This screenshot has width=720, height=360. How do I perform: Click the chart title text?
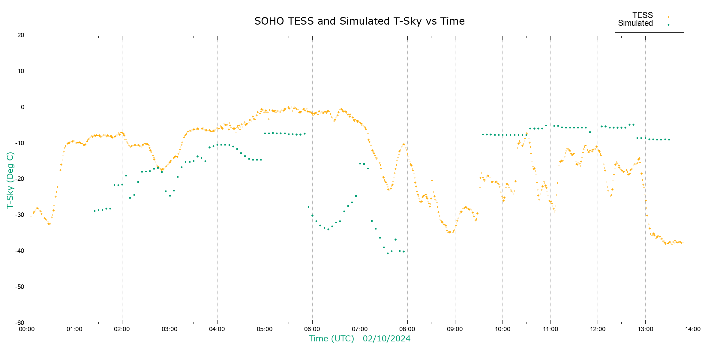click(359, 21)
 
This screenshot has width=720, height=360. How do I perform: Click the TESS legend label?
click(643, 15)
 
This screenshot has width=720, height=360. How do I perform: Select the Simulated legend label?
click(635, 23)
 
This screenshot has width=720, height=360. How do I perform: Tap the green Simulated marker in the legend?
click(668, 25)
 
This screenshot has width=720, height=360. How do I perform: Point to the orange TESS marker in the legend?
click(668, 17)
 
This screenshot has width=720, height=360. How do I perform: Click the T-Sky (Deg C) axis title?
click(10, 180)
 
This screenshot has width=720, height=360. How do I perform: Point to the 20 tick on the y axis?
click(21, 35)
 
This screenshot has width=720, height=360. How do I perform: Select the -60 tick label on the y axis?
click(20, 323)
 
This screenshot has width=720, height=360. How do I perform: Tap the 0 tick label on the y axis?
click(22, 107)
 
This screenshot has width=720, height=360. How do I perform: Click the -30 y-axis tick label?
click(20, 215)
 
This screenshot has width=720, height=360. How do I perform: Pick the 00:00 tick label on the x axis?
click(27, 329)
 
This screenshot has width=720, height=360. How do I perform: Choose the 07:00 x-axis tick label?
click(360, 329)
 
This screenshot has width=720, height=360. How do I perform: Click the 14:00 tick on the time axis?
click(692, 329)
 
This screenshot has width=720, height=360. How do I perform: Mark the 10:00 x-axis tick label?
click(502, 329)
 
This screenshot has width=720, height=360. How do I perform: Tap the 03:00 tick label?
click(169, 329)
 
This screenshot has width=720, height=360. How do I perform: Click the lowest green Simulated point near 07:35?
click(388, 253)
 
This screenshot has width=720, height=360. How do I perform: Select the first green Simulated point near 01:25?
click(94, 211)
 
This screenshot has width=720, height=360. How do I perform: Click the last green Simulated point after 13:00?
click(669, 139)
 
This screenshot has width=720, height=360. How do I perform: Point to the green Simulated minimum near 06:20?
click(328, 229)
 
